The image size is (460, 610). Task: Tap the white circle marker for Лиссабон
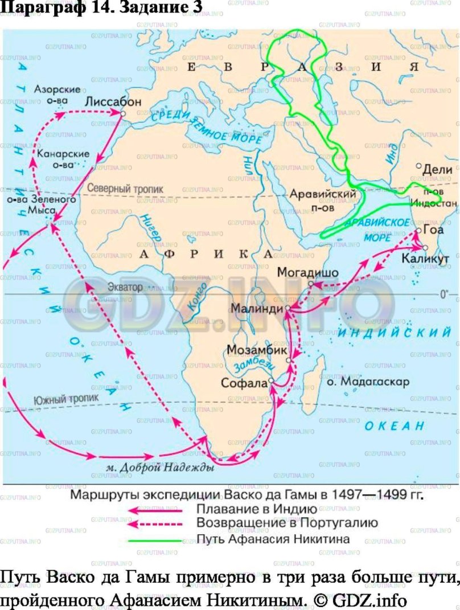[x=122, y=113]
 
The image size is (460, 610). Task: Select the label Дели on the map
[x=439, y=169]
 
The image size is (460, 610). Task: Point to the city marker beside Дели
[x=418, y=166]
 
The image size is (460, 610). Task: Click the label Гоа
[x=434, y=230]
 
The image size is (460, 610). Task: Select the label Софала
[x=245, y=383]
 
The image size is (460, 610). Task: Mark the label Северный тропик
[x=125, y=189]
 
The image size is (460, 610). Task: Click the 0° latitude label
[x=445, y=294]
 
